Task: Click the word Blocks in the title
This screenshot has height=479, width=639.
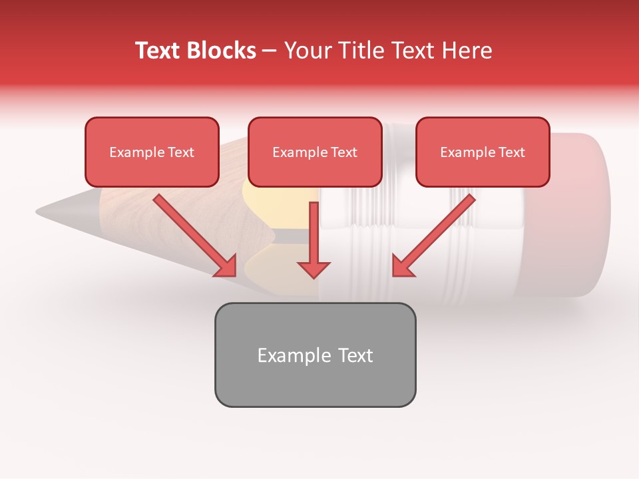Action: click(x=223, y=51)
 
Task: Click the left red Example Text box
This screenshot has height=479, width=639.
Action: click(x=152, y=152)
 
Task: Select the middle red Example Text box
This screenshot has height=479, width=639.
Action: click(x=315, y=152)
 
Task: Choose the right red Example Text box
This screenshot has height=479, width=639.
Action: click(x=483, y=152)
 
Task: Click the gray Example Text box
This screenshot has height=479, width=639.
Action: click(x=315, y=355)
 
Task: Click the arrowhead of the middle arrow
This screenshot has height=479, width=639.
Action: click(x=314, y=269)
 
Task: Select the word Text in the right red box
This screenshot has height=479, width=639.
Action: click(x=511, y=152)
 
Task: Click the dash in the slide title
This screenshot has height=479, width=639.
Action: click(x=270, y=51)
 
